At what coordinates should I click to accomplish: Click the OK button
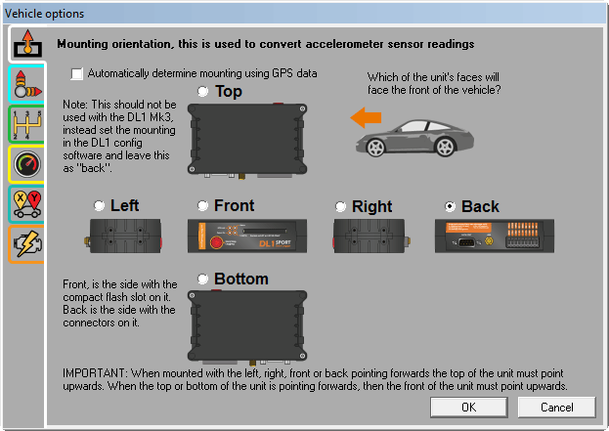click(x=469, y=407)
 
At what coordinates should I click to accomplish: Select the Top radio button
click(x=202, y=91)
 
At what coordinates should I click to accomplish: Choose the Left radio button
click(x=100, y=205)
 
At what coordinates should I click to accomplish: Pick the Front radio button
click(x=202, y=205)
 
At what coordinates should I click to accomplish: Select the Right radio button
click(x=340, y=206)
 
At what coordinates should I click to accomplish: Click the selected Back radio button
click(x=450, y=206)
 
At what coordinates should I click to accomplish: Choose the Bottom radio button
click(x=202, y=279)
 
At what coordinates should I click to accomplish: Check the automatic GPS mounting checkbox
click(x=77, y=73)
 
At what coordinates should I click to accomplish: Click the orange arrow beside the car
click(x=366, y=117)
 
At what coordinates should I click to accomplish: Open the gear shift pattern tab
click(x=26, y=125)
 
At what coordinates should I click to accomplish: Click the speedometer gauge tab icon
click(x=26, y=164)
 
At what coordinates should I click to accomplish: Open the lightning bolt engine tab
click(x=26, y=244)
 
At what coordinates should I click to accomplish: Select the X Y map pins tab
click(x=26, y=204)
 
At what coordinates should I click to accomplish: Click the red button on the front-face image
click(x=216, y=242)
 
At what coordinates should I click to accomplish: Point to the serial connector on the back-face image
click(x=466, y=242)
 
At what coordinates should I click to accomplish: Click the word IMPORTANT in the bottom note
click(x=94, y=373)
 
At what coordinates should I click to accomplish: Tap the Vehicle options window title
click(x=44, y=14)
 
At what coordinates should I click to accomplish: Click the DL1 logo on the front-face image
click(x=267, y=244)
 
